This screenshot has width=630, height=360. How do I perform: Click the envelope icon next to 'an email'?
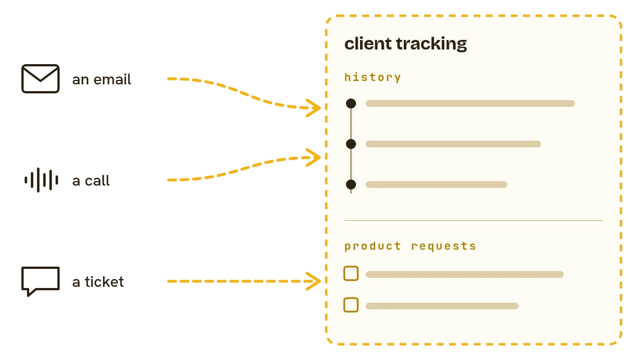[x=40, y=79]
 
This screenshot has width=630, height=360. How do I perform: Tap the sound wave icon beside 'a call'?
[x=42, y=180]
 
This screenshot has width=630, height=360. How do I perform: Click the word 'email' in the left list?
[x=112, y=79]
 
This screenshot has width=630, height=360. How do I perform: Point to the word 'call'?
[x=97, y=181]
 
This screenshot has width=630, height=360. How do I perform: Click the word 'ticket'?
[x=104, y=282]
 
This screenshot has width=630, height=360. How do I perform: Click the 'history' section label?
[x=372, y=77]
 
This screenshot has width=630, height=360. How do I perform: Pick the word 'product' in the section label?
[x=372, y=246]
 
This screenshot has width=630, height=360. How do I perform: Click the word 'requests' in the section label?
[x=444, y=246]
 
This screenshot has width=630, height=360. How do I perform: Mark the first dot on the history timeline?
[x=351, y=103]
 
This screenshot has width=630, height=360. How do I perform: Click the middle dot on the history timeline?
[x=351, y=144]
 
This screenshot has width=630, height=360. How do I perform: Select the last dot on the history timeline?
[x=351, y=184]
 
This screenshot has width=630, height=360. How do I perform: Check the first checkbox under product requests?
[x=351, y=273]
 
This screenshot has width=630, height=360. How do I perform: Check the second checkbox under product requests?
[x=351, y=305]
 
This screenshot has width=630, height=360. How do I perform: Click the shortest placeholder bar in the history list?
[x=436, y=184]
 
